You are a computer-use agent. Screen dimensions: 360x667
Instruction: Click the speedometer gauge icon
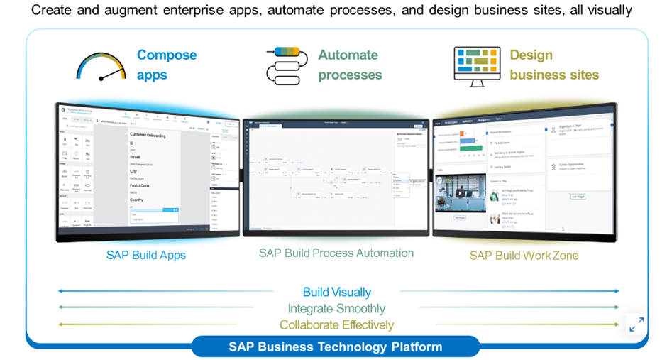pyautogui.click(x=101, y=65)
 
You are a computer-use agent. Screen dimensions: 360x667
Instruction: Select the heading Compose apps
pyautogui.click(x=167, y=65)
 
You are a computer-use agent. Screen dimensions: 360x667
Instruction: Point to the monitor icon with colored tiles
pyautogui.click(x=477, y=66)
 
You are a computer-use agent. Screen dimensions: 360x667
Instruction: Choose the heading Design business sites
pyautogui.click(x=553, y=65)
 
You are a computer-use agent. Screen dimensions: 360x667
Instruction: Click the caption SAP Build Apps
pyautogui.click(x=146, y=255)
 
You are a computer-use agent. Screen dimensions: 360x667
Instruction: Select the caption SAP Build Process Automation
pyautogui.click(x=336, y=253)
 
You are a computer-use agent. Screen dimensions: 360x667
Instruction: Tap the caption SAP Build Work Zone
pyautogui.click(x=524, y=255)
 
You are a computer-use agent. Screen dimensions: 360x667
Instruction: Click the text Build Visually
pyautogui.click(x=336, y=292)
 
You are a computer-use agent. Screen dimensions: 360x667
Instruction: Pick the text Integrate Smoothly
pyautogui.click(x=336, y=308)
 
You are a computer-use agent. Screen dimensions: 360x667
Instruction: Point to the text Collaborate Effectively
pyautogui.click(x=336, y=324)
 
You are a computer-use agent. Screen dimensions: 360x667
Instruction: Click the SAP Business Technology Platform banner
pyautogui.click(x=335, y=347)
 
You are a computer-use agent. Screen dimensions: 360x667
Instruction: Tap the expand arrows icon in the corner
pyautogui.click(x=636, y=324)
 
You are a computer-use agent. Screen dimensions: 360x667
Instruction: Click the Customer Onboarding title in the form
pyautogui.click(x=148, y=135)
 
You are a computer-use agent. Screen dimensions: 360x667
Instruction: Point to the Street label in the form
pyautogui.click(x=135, y=156)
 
